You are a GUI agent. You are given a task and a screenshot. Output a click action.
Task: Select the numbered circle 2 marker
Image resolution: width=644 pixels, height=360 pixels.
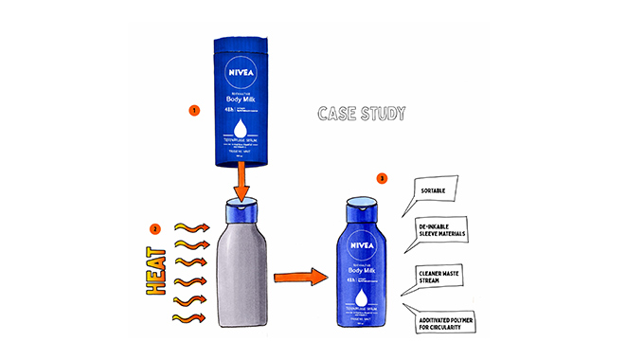click(x=154, y=228)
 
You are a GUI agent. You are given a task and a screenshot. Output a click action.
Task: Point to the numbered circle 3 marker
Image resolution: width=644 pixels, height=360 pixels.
click(x=355, y=177)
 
